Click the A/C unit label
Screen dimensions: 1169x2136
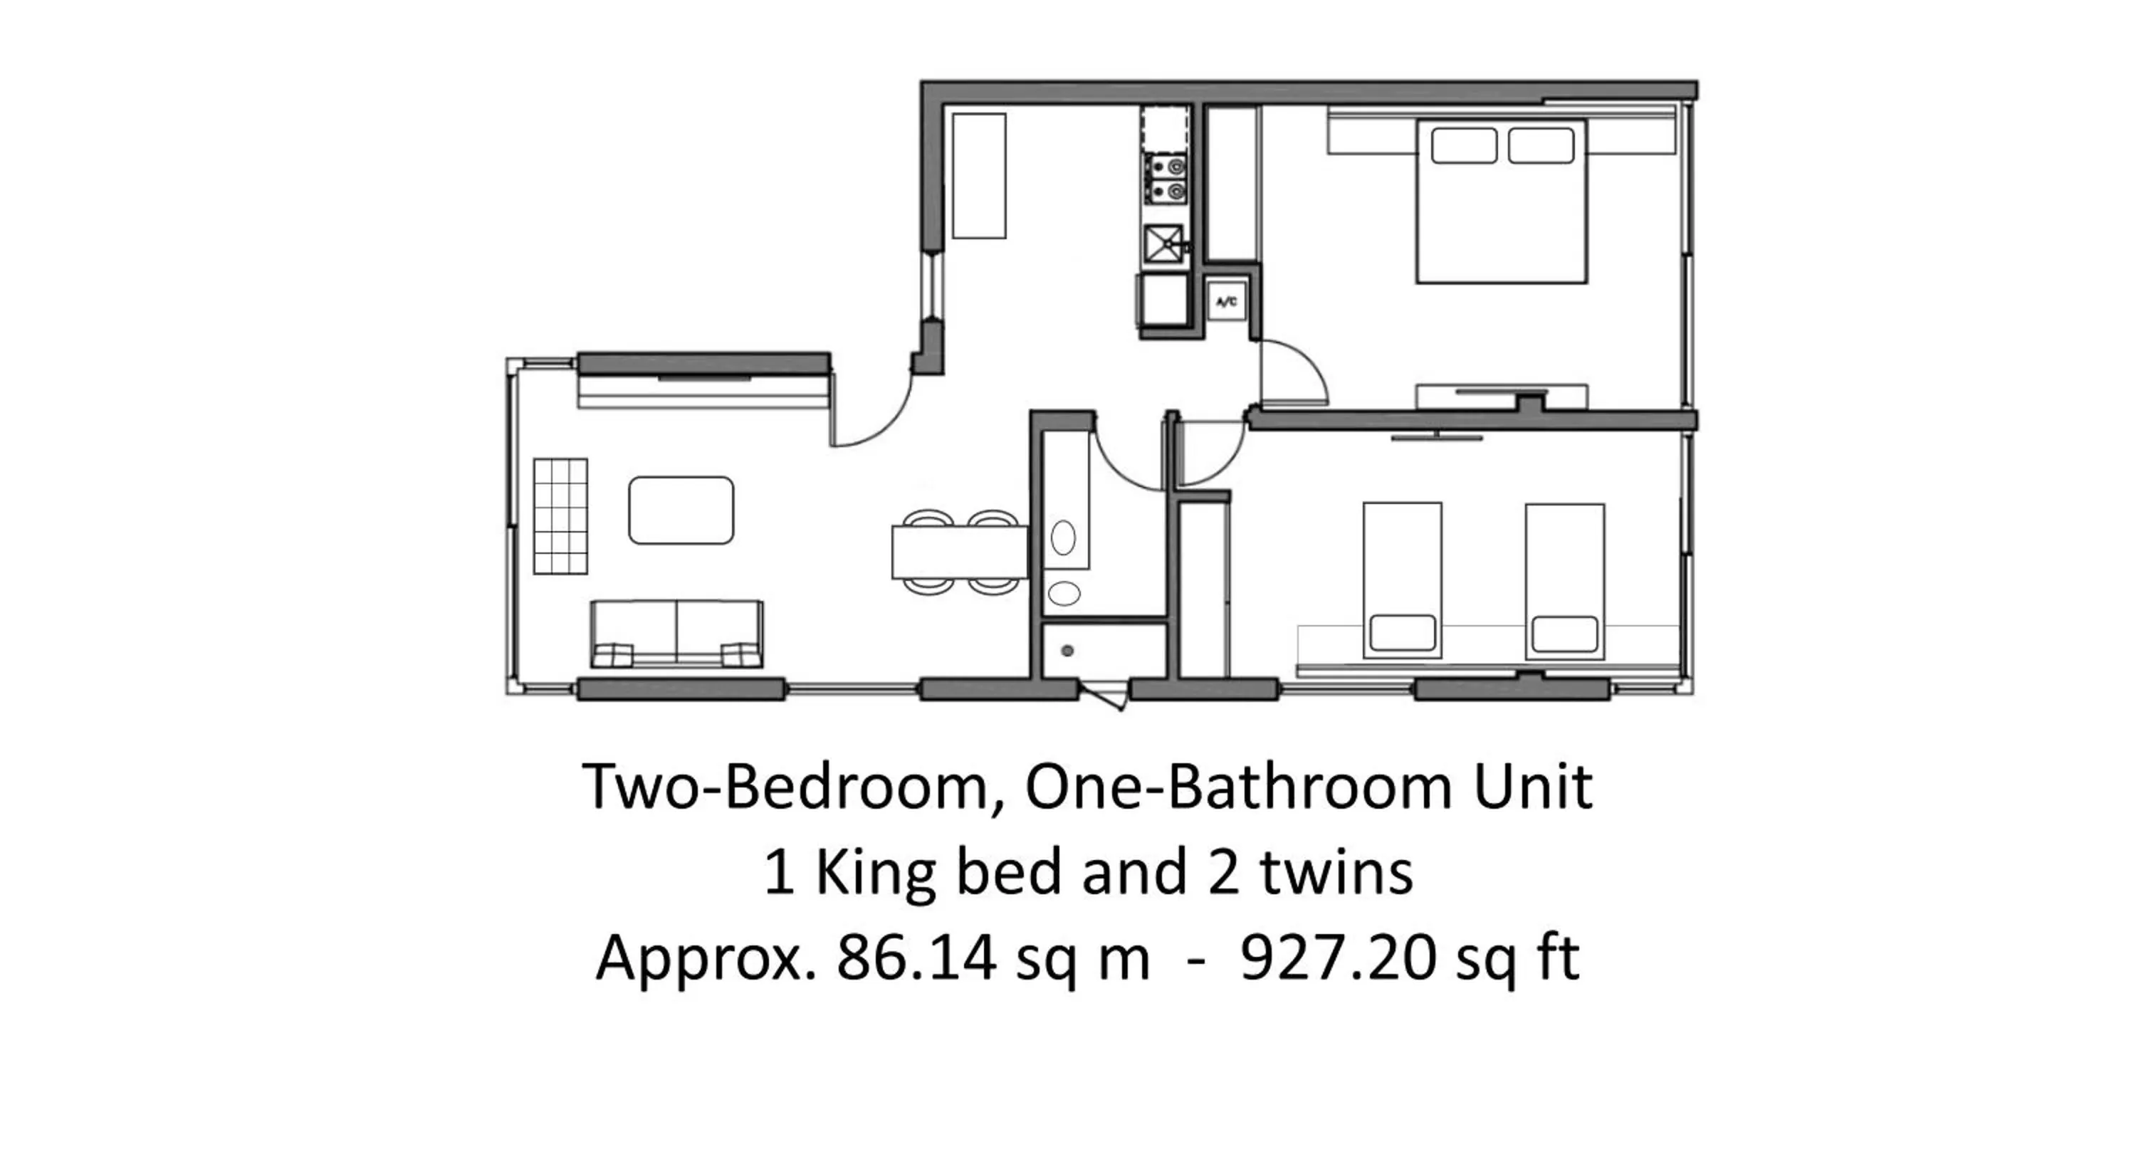click(x=1226, y=303)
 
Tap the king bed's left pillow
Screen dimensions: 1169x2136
click(x=1464, y=146)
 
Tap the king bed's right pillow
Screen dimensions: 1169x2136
click(x=1541, y=146)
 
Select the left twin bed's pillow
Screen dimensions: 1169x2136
click(x=1402, y=633)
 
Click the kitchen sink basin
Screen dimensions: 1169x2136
click(x=1163, y=243)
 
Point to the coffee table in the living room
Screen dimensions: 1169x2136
click(x=681, y=510)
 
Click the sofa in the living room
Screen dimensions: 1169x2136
click(x=676, y=634)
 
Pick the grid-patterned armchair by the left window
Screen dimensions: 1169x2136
click(x=560, y=515)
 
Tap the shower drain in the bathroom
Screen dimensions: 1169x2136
click(x=1067, y=651)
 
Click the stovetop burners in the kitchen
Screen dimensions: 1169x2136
click(x=1165, y=179)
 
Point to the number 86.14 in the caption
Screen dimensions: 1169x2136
click(x=916, y=958)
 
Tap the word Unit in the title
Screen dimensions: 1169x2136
click(x=1532, y=786)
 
